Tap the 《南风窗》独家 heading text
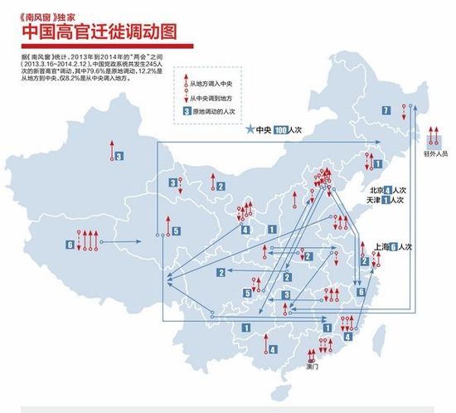tap(46, 13)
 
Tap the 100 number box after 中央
tap(281, 130)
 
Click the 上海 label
tap(372, 247)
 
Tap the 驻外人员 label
tap(435, 153)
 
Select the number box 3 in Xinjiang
tap(119, 155)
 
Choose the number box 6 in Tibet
tap(68, 244)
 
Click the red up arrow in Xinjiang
tap(109, 149)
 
